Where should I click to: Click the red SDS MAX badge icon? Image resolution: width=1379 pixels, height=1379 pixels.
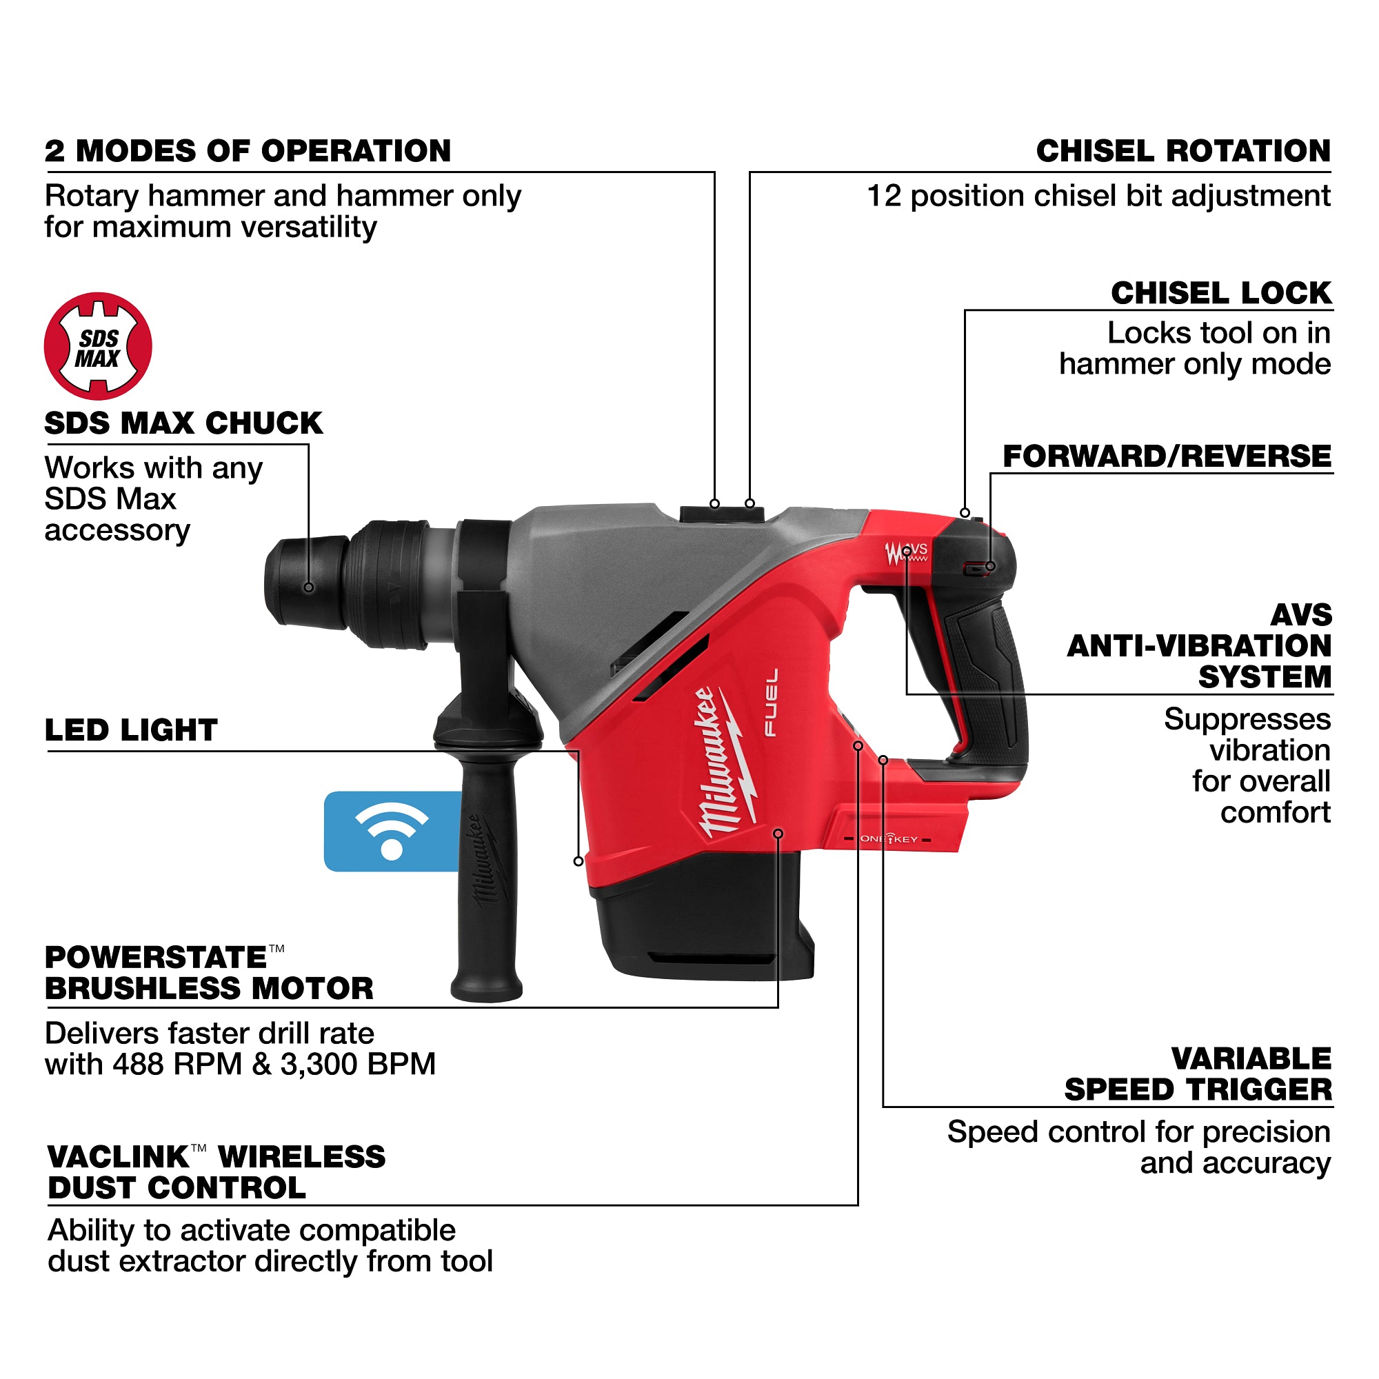coord(98,346)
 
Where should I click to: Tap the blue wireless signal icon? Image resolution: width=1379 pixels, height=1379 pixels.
coord(391,831)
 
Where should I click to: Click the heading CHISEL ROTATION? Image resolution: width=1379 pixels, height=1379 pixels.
coord(1182,151)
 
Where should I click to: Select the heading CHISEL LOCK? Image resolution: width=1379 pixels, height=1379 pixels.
coord(1220,293)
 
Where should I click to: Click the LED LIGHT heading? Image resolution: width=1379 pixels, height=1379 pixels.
coord(130,730)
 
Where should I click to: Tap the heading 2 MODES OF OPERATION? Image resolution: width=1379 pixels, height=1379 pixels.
coord(248,151)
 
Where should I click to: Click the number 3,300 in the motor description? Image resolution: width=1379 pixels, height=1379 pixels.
coord(312,1064)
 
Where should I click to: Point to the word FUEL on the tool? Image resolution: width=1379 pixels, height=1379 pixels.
coord(771,703)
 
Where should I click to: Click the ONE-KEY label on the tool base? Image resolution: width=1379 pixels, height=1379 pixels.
coord(889,839)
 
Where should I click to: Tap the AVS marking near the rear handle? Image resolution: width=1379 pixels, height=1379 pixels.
coord(916,550)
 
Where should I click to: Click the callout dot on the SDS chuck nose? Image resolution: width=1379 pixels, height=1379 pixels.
coord(308,587)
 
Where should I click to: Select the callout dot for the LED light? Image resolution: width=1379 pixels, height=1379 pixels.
coord(578,861)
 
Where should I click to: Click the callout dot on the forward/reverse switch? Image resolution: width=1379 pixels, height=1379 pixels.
coord(990,567)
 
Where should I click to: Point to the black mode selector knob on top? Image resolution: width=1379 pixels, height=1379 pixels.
coord(722,514)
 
